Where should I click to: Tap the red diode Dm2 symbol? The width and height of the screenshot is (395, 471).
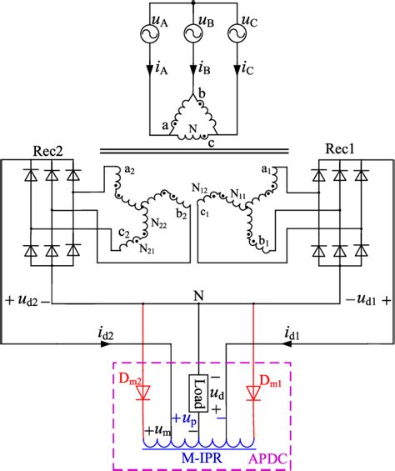coord(143,393)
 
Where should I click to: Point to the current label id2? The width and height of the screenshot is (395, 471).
coord(106,334)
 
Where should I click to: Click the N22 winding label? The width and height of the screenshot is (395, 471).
coord(157,224)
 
